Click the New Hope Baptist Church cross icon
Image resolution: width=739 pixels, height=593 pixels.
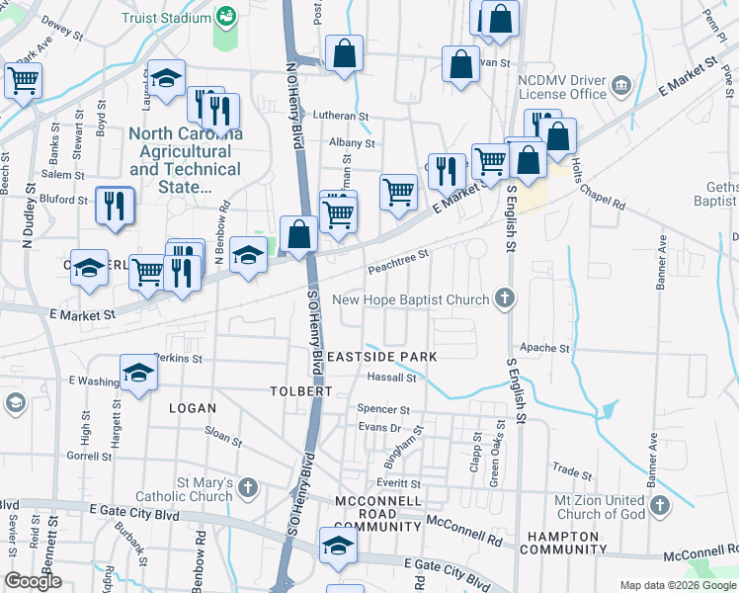pyautogui.click(x=505, y=298)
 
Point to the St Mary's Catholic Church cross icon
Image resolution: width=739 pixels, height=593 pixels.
pyautogui.click(x=247, y=487)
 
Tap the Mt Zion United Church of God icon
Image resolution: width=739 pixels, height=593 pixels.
pyautogui.click(x=660, y=506)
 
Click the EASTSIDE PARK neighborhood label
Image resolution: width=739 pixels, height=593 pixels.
pyautogui.click(x=381, y=355)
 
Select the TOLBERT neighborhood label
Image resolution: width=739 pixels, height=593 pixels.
pyautogui.click(x=300, y=391)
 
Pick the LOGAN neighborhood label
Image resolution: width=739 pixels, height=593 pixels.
pyautogui.click(x=192, y=407)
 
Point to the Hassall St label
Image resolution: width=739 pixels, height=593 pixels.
pyautogui.click(x=392, y=378)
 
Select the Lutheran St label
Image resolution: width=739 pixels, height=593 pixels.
pyautogui.click(x=341, y=115)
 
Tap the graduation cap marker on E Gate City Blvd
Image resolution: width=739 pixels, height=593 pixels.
pyautogui.click(x=337, y=546)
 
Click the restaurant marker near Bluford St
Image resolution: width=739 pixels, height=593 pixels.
pyautogui.click(x=115, y=206)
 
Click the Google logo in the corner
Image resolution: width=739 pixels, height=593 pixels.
pyautogui.click(x=33, y=581)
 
